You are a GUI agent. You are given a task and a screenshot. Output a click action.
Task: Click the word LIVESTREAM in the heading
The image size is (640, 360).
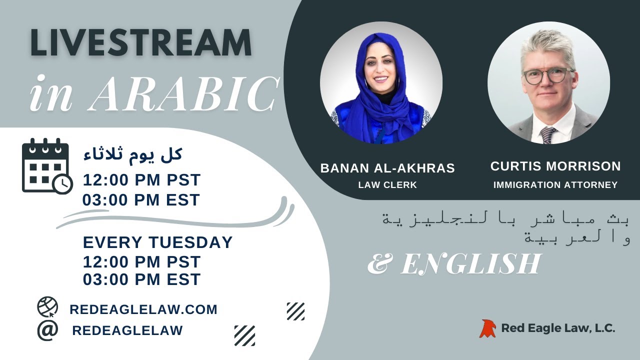coord(140,43)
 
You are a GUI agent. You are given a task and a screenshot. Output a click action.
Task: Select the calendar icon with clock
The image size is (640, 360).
coord(46,165)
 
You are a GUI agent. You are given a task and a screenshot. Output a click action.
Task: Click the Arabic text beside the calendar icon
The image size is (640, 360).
coord(132,154)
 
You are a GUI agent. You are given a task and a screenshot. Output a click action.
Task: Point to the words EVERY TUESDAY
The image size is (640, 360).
coord(157,242)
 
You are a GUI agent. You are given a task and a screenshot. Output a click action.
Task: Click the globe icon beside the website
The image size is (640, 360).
coord(47,307)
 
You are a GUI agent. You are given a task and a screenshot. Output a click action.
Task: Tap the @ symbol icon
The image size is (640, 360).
coord(47,330)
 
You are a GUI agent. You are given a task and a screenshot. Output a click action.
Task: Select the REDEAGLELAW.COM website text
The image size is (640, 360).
coord(143,309)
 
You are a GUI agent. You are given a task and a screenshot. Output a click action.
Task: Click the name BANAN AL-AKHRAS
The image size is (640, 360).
coord(387,168)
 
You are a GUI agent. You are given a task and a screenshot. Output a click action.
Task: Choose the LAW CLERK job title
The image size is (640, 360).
coord(387,185)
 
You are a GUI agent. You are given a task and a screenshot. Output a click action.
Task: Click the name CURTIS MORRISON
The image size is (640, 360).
coord(555,166)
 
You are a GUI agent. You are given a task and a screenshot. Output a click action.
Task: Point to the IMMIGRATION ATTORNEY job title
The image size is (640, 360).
coord(555,185)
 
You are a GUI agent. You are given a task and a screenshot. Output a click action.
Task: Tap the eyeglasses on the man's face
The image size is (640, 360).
coord(547,76)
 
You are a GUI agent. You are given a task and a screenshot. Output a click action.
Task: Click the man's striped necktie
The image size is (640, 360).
coord(547,133)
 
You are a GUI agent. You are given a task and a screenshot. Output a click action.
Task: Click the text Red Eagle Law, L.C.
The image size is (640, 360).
coord(558,328)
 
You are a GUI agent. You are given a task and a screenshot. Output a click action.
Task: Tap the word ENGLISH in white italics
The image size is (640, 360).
coord(470,264)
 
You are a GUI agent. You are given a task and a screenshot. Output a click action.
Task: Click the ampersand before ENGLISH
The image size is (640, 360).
coord(378,264)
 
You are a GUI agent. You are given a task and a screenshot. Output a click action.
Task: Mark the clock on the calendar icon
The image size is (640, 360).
coord(62,184)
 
